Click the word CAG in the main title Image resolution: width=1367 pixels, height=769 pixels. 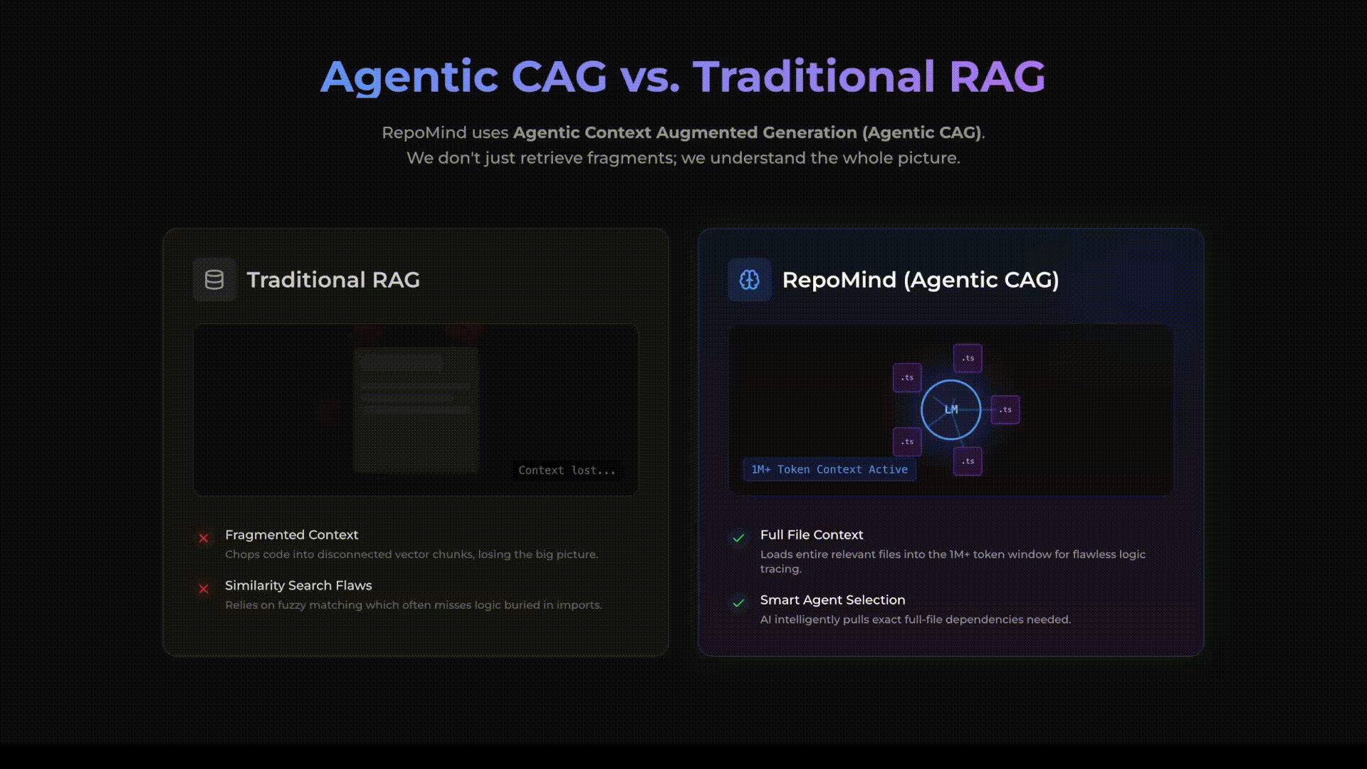pyautogui.click(x=558, y=77)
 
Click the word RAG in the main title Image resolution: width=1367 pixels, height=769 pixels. pyautogui.click(x=997, y=77)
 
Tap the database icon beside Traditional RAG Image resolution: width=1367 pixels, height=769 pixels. pyautogui.click(x=214, y=280)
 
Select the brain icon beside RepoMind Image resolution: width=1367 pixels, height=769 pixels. pyautogui.click(x=749, y=280)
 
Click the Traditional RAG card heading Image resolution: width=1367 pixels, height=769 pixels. pyautogui.click(x=332, y=280)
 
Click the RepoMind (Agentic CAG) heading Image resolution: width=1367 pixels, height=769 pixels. pyautogui.click(x=920, y=280)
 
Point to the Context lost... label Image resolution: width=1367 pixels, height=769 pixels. pyautogui.click(x=567, y=471)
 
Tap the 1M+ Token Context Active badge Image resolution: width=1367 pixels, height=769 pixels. pyautogui.click(x=829, y=470)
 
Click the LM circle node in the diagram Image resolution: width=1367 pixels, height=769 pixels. pyautogui.click(x=950, y=409)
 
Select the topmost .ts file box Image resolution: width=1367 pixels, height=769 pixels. pyautogui.click(x=968, y=358)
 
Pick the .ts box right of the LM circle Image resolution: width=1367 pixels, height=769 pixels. pyautogui.click(x=1005, y=410)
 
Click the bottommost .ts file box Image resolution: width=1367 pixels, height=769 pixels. pyautogui.click(x=968, y=461)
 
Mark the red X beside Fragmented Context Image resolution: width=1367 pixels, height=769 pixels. pyautogui.click(x=204, y=538)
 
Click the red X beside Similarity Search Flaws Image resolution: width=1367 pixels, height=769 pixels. pyautogui.click(x=204, y=589)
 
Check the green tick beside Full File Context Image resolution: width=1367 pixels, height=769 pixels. pyautogui.click(x=738, y=538)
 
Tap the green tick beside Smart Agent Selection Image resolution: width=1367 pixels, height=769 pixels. pyautogui.click(x=738, y=603)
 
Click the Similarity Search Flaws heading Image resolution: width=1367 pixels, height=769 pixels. pyautogui.click(x=298, y=585)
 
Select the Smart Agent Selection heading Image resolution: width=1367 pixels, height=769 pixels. pyautogui.click(x=832, y=600)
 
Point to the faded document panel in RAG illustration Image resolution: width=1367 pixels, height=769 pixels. pyautogui.click(x=416, y=410)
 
